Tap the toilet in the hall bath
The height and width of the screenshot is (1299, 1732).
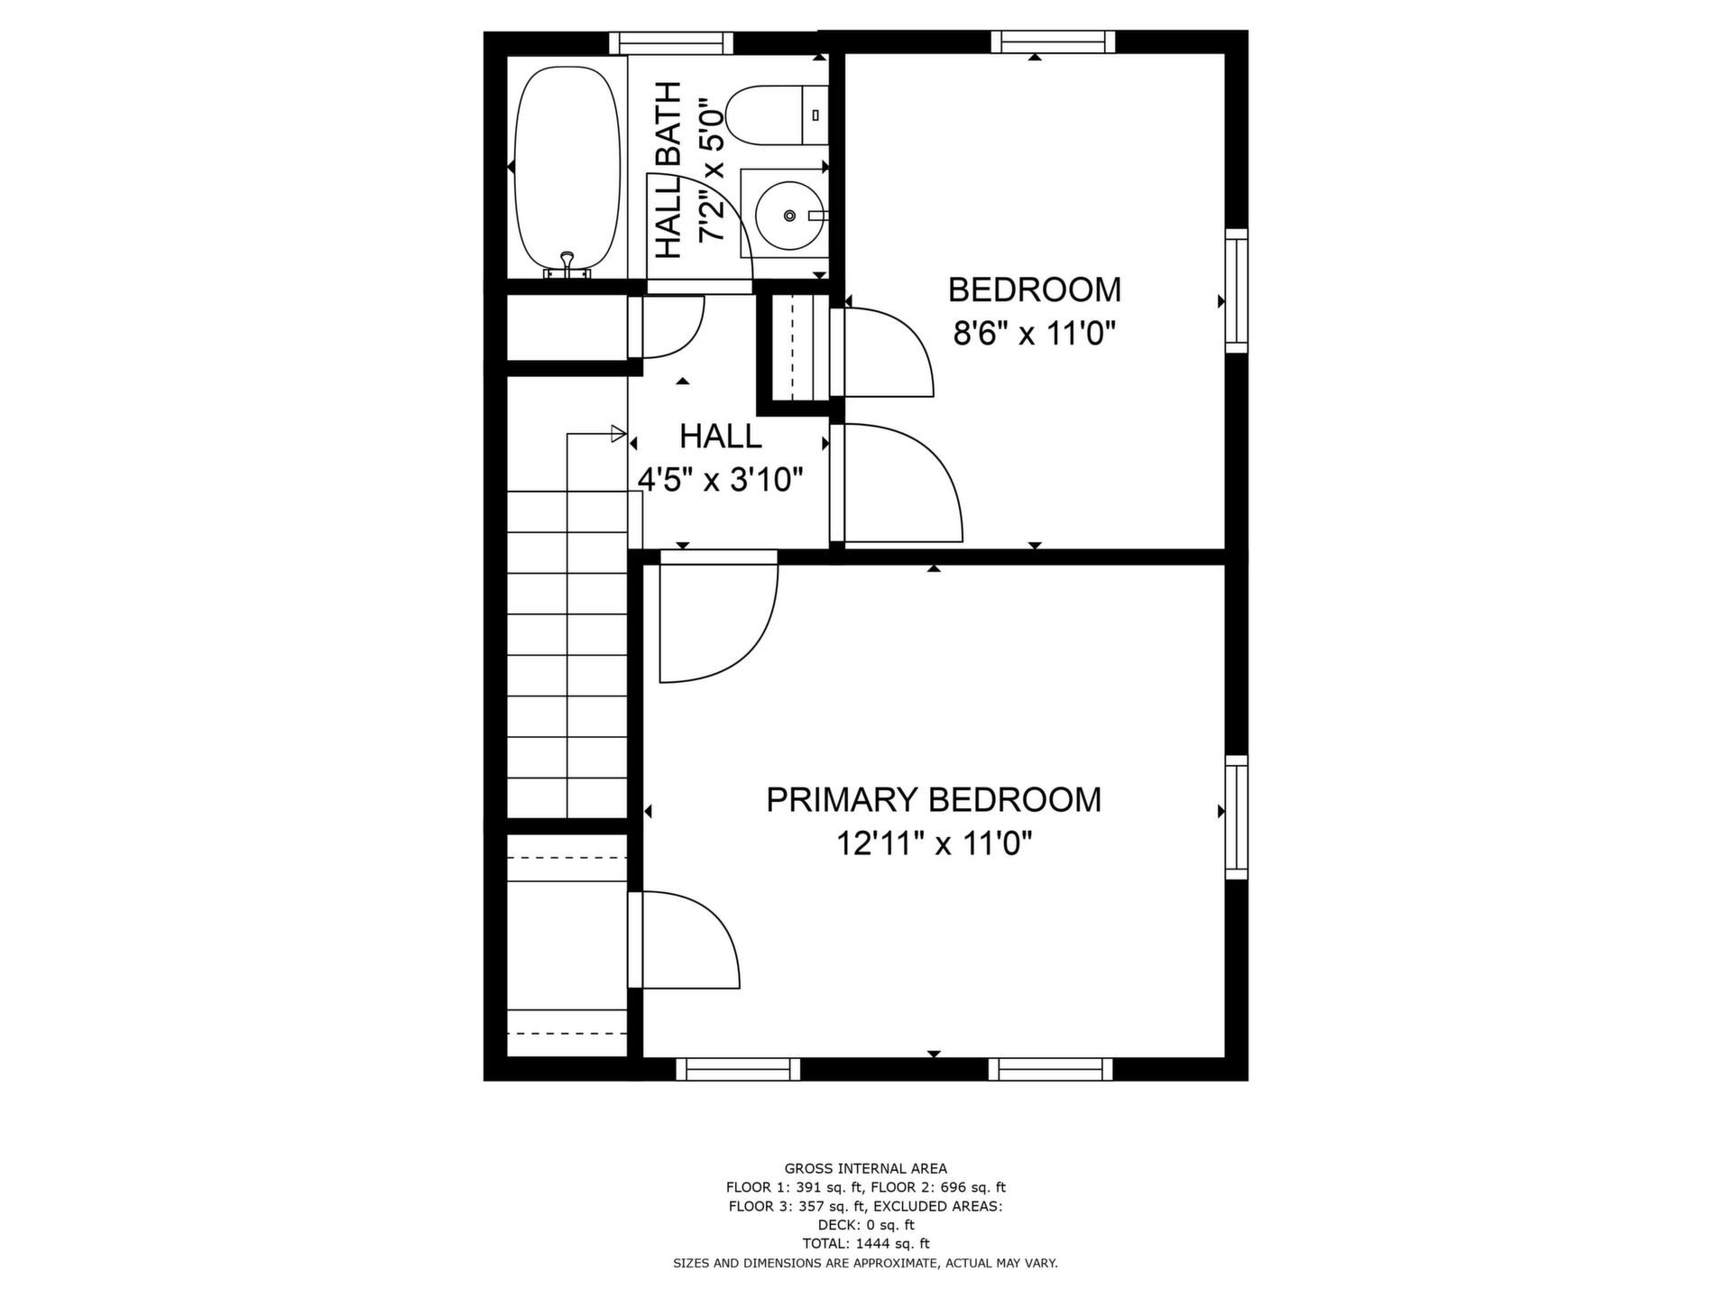point(777,115)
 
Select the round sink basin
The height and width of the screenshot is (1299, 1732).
point(789,216)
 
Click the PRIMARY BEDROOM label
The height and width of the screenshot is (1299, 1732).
point(934,800)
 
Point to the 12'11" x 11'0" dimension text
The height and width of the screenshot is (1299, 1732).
point(934,844)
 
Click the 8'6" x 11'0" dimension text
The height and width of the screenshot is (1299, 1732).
point(1035,335)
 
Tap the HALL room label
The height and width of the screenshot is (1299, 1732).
point(720,437)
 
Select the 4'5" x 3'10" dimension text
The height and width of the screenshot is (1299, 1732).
point(720,480)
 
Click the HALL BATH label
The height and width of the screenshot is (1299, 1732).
point(668,170)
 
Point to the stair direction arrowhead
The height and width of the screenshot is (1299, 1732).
point(619,434)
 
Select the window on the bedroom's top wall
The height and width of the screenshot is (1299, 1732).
point(1053,41)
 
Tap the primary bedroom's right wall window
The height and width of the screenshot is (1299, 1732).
point(1236,817)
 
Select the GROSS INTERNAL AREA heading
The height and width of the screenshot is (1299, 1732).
point(866,1169)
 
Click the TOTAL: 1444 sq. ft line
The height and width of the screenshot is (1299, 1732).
point(866,1243)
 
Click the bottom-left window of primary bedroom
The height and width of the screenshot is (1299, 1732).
point(738,1069)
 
